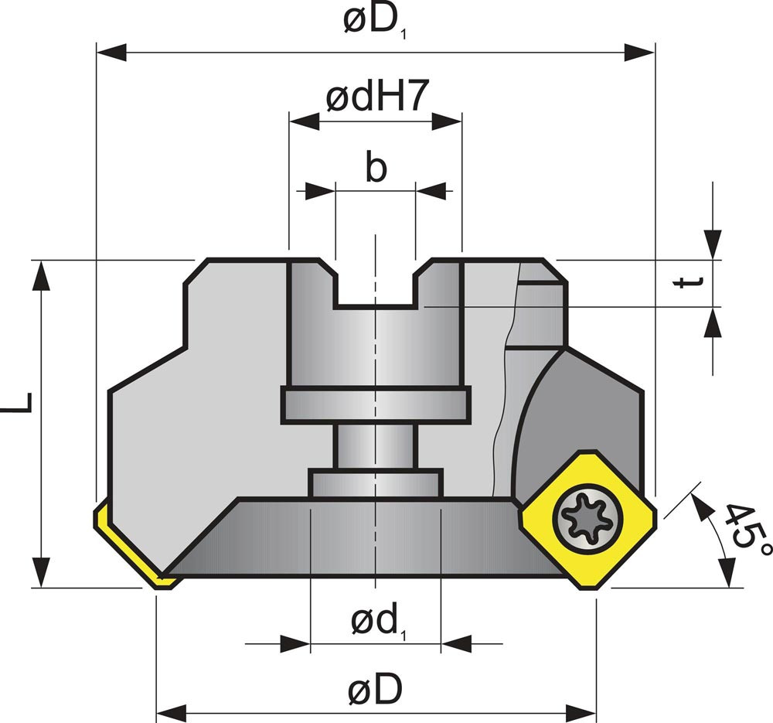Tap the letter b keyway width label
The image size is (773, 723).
click(x=376, y=168)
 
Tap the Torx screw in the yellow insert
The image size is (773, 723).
click(x=587, y=518)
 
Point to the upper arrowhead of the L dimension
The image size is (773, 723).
click(x=41, y=276)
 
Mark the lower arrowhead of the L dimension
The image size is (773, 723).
click(x=41, y=572)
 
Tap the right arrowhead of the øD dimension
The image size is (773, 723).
click(x=581, y=713)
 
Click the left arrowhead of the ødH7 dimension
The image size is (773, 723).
click(x=304, y=121)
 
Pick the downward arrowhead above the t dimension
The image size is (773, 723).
click(x=713, y=244)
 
